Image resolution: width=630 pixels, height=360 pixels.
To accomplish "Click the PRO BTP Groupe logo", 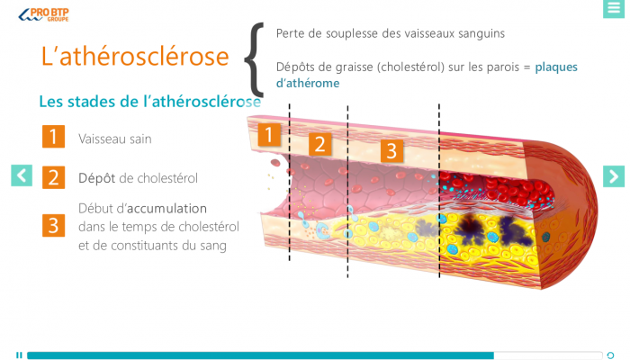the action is (43, 14).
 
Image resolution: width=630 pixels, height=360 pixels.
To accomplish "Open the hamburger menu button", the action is (614, 8).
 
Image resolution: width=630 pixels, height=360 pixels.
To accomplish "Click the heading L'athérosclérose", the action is (135, 56).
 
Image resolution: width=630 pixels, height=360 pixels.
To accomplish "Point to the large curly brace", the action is (254, 59).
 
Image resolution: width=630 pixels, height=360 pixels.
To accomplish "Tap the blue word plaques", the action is (556, 67).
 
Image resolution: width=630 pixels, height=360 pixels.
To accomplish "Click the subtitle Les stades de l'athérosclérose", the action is (150, 101).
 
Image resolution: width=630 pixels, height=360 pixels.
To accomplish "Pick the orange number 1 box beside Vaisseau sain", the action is (53, 137).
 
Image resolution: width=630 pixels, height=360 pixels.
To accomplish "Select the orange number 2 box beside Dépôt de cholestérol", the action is (53, 177).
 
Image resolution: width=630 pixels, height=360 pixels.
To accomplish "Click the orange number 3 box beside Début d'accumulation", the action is (53, 225).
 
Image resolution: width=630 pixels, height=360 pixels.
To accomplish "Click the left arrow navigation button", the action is (22, 175).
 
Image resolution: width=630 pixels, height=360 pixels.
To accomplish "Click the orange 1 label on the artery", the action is (269, 135).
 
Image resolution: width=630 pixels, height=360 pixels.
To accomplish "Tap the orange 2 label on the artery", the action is (319, 144).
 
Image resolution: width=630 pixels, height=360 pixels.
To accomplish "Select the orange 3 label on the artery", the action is (391, 150).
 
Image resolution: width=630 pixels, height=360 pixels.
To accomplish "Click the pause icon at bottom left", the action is (19, 355).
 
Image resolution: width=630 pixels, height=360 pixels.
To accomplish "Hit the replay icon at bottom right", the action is (610, 355).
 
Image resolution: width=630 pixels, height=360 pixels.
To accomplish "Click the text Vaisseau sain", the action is (115, 139).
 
